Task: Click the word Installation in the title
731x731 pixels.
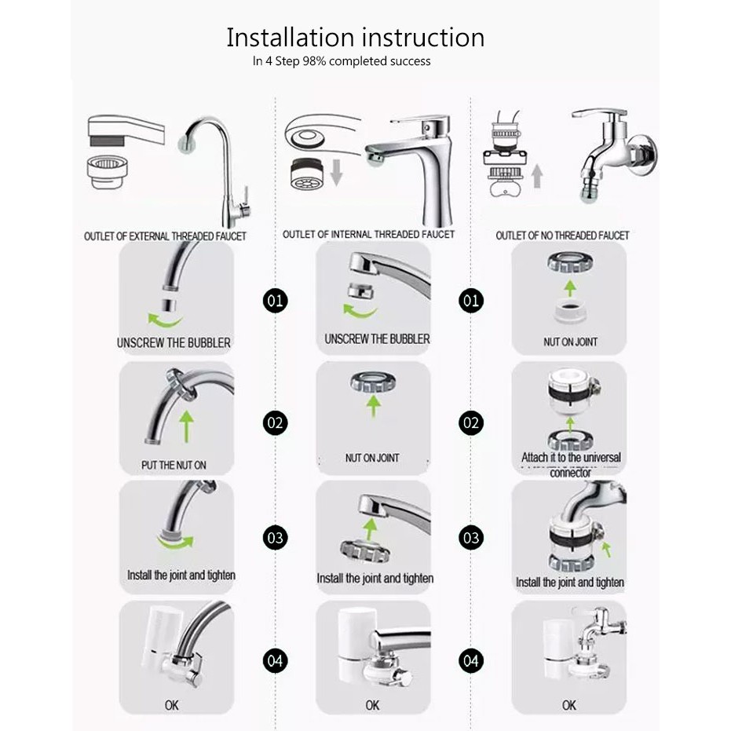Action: (x=290, y=38)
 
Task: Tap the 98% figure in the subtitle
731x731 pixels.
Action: (x=314, y=61)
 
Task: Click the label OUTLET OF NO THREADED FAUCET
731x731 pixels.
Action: (x=562, y=236)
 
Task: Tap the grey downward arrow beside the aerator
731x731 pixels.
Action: (x=336, y=172)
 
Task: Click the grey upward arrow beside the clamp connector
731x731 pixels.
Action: (x=537, y=176)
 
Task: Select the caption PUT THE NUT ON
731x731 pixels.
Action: (x=174, y=465)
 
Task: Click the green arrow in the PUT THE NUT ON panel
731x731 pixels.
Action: (x=187, y=426)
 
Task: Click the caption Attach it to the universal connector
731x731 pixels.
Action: (x=571, y=465)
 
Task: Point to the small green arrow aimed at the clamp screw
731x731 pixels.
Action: (x=606, y=549)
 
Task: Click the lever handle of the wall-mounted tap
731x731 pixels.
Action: (x=599, y=113)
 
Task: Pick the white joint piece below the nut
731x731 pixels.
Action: (x=569, y=312)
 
